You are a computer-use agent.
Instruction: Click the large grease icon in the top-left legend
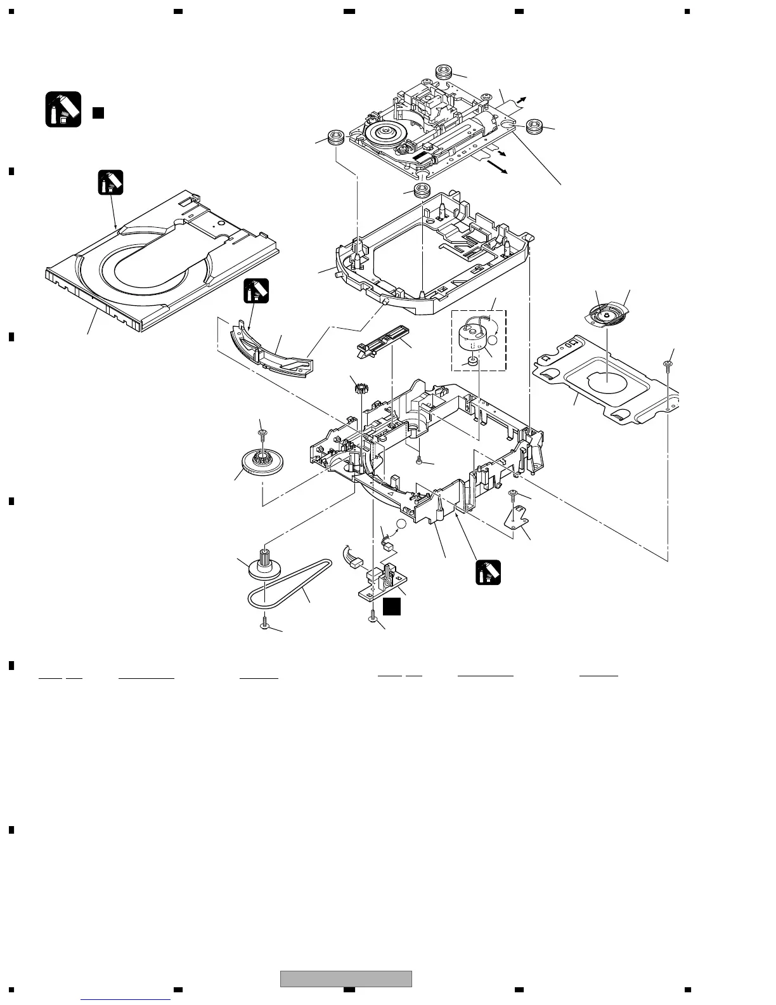63,109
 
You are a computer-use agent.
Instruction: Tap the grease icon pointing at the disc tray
110,183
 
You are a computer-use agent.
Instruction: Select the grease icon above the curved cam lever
256,291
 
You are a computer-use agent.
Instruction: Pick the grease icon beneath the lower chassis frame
488,572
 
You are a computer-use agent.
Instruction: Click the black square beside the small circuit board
392,606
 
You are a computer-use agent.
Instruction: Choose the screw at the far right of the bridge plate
668,364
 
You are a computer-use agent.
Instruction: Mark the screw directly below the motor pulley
265,624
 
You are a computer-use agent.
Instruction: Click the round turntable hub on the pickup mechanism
384,135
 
